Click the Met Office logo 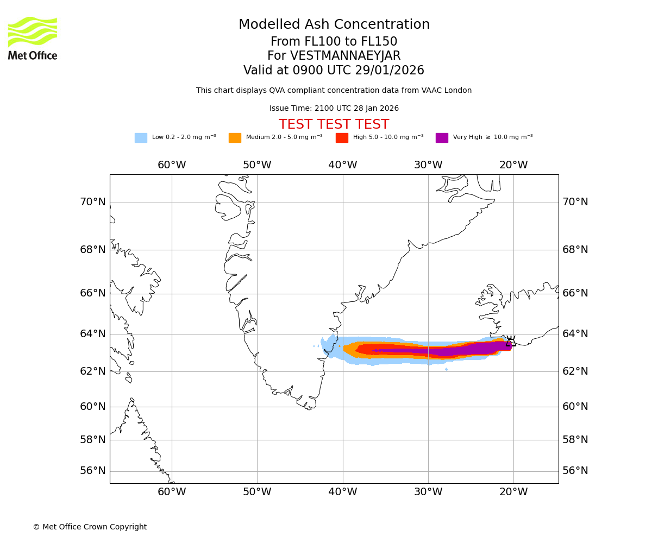point(33,38)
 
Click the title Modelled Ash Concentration point(334,25)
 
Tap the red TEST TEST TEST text point(334,125)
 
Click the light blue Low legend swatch point(141,138)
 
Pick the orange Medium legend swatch point(235,138)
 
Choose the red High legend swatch point(342,138)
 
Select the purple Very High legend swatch point(442,138)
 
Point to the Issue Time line point(334,109)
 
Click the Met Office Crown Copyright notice point(90,527)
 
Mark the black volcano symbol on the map point(511,341)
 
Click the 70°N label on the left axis point(93,202)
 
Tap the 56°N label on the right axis point(575,471)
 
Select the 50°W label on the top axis point(257,165)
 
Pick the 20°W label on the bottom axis point(513,492)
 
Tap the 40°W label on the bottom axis point(342,492)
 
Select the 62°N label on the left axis point(93,371)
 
